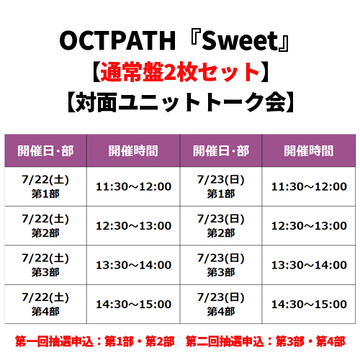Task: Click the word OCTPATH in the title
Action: pos(117,41)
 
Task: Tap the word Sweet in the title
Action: pos(240,41)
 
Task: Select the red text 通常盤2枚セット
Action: pos(180,72)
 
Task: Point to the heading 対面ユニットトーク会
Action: pos(181,102)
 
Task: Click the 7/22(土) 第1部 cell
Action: pos(45,186)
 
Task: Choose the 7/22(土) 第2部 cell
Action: pos(45,225)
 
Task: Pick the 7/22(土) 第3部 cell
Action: pos(45,265)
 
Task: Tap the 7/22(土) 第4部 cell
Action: pos(45,304)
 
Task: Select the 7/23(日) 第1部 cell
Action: pos(221,186)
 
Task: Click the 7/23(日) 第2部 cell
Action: pos(221,225)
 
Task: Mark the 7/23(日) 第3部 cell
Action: pos(221,265)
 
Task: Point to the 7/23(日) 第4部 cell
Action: pos(221,304)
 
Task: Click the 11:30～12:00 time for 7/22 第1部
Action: pos(133,186)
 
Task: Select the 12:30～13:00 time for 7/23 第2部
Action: pos(309,226)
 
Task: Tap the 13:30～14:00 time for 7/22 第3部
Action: pos(133,265)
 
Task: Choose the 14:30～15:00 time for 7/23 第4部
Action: pos(309,305)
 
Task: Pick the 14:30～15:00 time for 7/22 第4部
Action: pos(133,305)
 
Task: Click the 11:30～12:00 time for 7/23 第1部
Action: pos(309,186)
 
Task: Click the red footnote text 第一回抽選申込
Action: pos(54,341)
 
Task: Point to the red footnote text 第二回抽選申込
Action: pos(225,341)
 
